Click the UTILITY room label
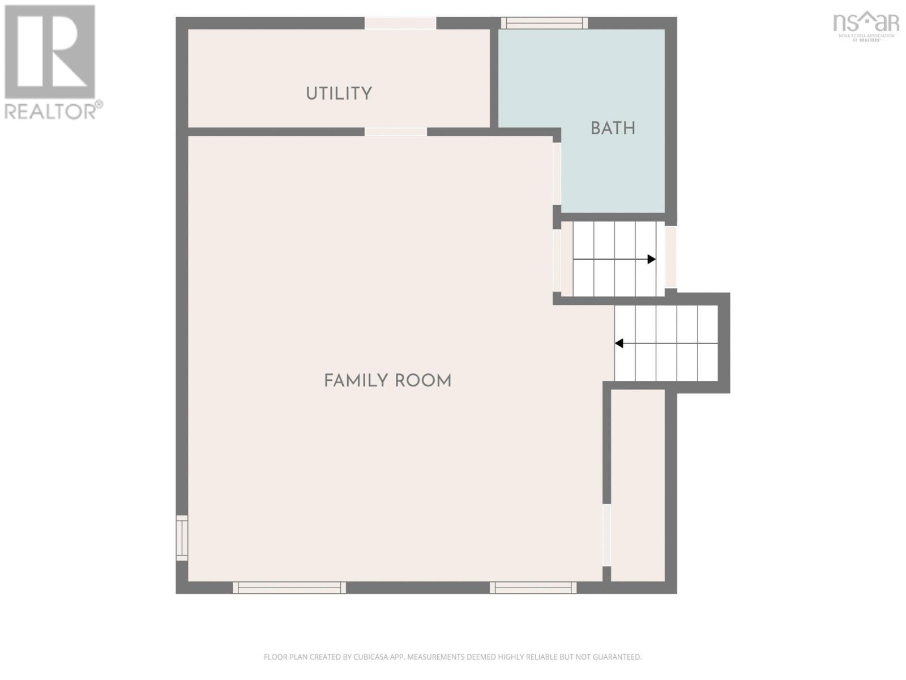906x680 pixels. coord(339,93)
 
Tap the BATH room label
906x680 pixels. coord(613,129)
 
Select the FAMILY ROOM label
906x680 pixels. coord(387,381)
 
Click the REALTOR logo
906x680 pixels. coord(52,62)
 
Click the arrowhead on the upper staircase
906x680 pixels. coord(652,259)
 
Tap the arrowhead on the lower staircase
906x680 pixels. coord(619,343)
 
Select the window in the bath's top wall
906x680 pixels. coord(544,23)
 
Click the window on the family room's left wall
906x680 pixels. coord(182,538)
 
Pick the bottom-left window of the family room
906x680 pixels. coord(289,588)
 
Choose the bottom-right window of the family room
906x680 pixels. coord(533,588)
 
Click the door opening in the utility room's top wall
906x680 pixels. coord(400,23)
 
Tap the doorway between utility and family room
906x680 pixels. coord(395,132)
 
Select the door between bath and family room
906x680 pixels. coord(557,173)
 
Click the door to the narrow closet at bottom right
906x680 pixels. coord(606,535)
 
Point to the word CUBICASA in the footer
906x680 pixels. coord(374,657)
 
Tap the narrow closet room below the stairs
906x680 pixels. coord(638,484)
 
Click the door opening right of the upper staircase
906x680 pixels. coord(670,257)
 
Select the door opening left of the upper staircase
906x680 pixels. coord(557,260)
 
